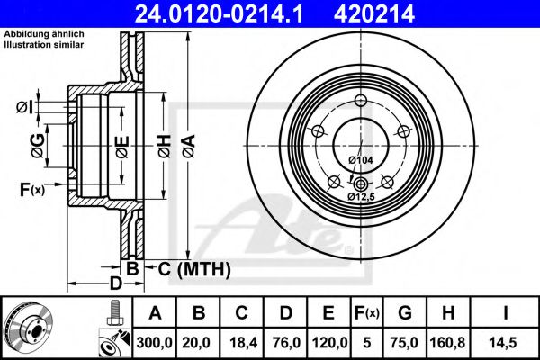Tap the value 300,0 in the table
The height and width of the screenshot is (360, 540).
[155, 341]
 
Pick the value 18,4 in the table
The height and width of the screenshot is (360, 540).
[241, 341]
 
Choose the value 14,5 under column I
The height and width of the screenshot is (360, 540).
[507, 341]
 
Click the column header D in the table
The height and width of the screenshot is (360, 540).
[284, 312]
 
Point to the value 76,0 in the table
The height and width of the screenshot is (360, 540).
[284, 341]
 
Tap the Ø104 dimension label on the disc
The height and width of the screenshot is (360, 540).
[360, 161]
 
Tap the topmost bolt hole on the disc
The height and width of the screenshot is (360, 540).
[361, 101]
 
